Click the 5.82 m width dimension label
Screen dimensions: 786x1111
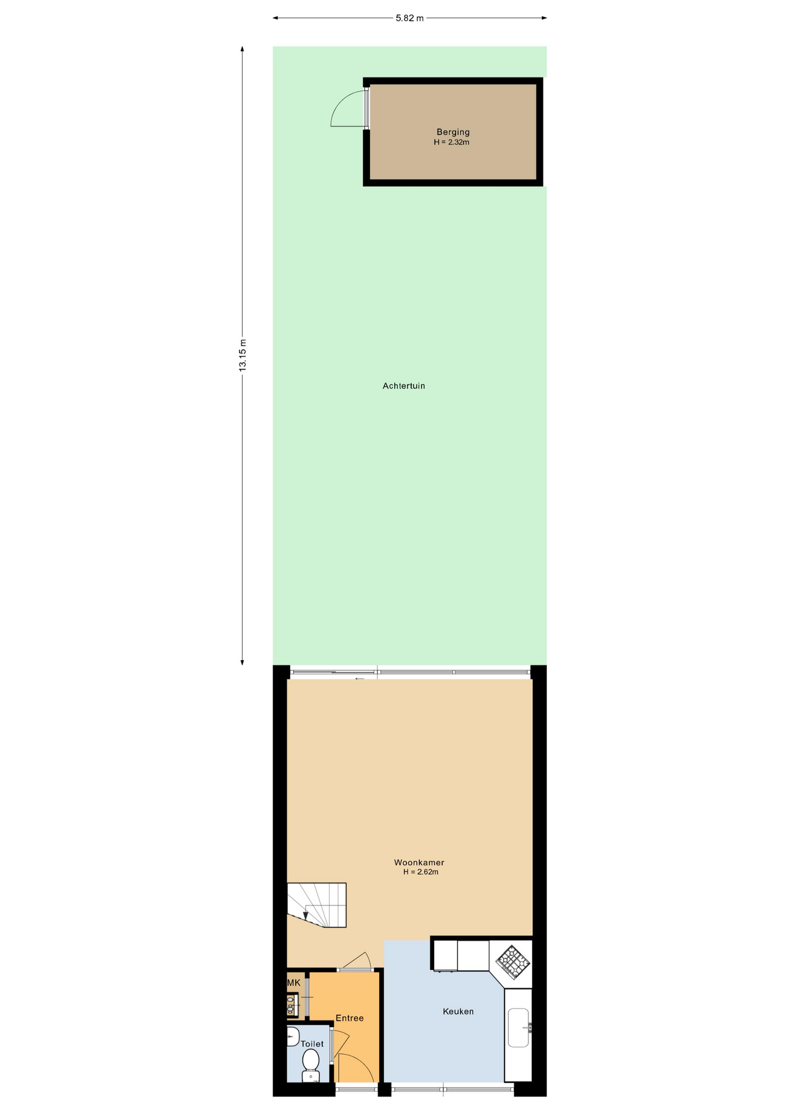click(x=409, y=18)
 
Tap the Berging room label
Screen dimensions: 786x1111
click(x=453, y=132)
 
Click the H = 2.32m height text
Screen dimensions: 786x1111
click(x=451, y=142)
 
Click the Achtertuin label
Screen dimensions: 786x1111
click(x=403, y=386)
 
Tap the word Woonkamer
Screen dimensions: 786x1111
click(x=419, y=863)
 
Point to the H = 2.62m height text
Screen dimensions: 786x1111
click(x=421, y=872)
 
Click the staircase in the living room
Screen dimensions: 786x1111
click(x=317, y=906)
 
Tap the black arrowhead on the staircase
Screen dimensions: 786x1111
click(x=306, y=915)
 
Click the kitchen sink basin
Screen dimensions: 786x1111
click(x=518, y=1028)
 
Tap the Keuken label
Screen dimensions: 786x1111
click(x=458, y=1011)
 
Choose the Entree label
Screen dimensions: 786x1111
click(x=350, y=1018)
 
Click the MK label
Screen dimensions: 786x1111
click(x=294, y=983)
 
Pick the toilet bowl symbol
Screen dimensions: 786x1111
click(x=311, y=1065)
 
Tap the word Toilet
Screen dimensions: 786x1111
click(x=312, y=1044)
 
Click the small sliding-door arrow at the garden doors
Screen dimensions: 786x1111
click(x=359, y=679)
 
